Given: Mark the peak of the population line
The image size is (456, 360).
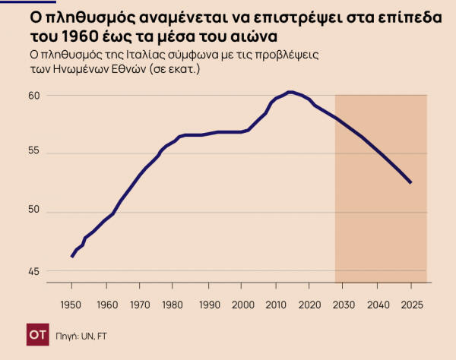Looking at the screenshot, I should (x=290, y=92).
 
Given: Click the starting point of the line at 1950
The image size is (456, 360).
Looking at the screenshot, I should (x=71, y=257).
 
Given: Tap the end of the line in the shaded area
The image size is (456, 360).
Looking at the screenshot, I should (x=411, y=182).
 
